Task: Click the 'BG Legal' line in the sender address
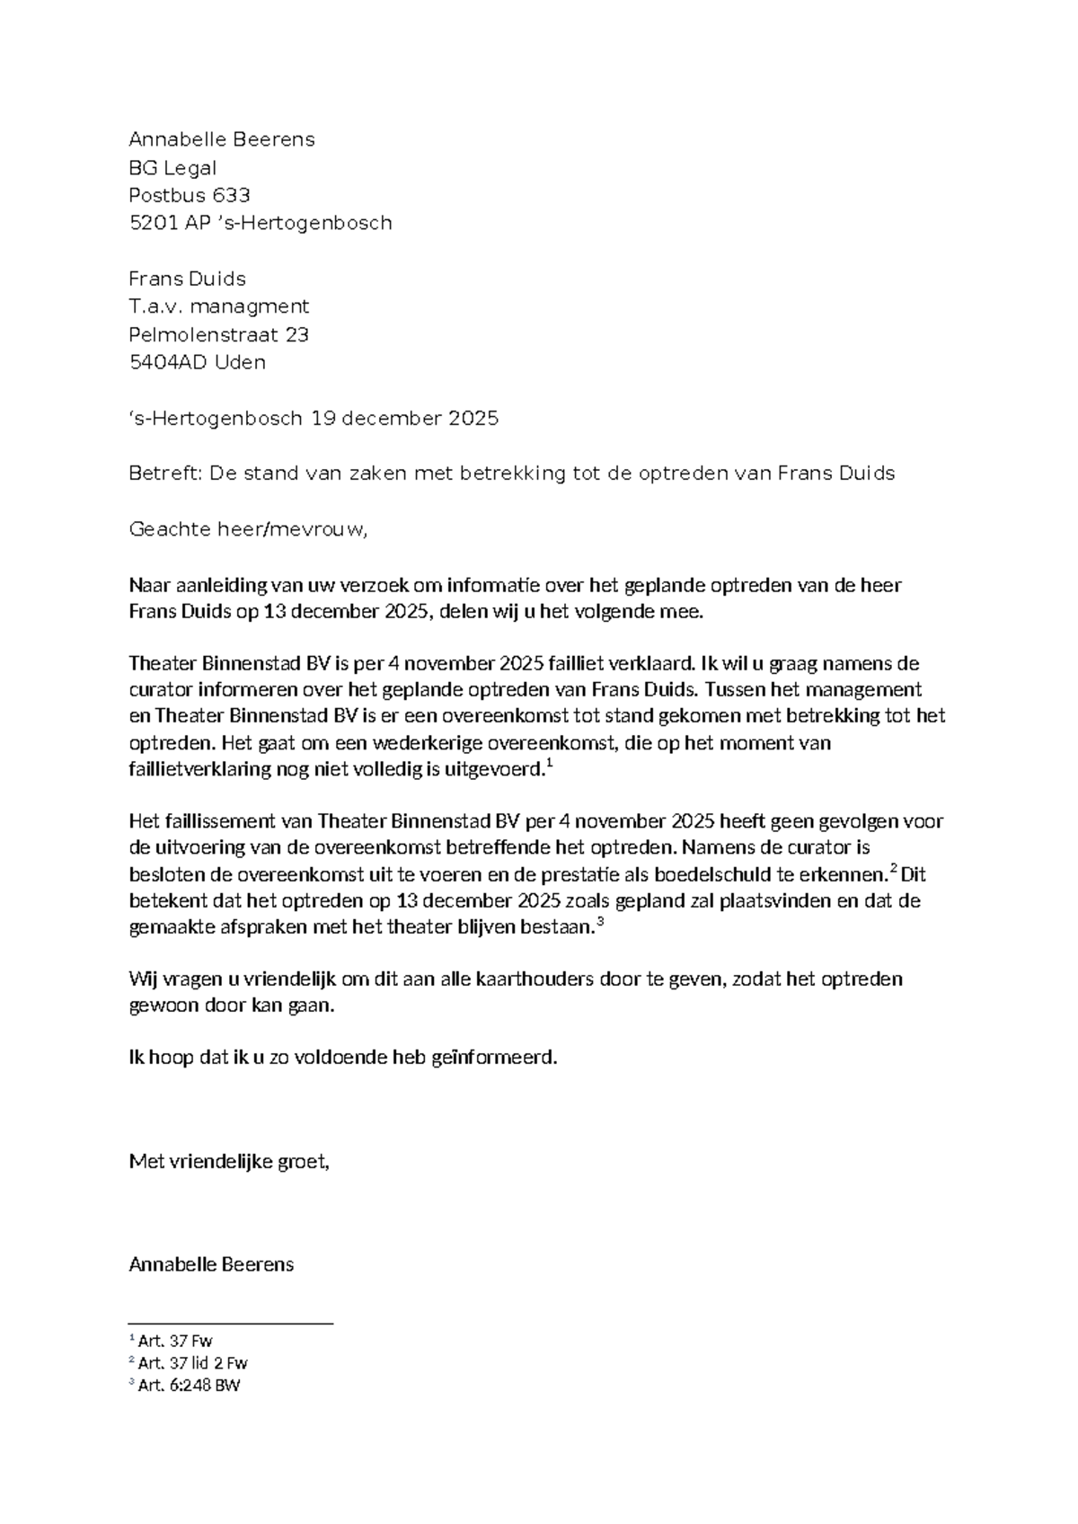(x=172, y=168)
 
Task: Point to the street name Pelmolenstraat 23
(x=218, y=334)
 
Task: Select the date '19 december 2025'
(x=404, y=418)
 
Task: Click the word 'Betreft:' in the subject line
(x=165, y=474)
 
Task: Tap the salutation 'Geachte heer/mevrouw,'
(x=248, y=529)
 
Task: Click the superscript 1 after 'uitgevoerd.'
(x=550, y=764)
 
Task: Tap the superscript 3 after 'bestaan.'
(x=600, y=922)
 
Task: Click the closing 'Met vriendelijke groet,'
(x=229, y=1162)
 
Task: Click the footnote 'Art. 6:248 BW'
(x=189, y=1385)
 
